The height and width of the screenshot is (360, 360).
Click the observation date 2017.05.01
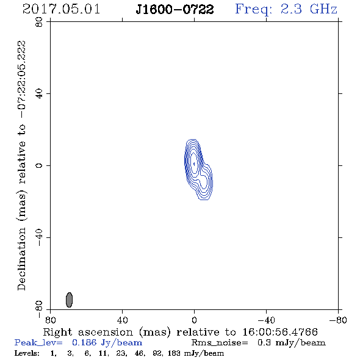click(61, 9)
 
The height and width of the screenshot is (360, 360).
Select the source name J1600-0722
click(175, 10)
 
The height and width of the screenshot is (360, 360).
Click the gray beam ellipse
click(69, 300)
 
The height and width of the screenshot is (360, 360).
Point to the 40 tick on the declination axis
click(39, 94)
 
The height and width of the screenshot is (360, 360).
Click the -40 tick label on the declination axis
click(39, 237)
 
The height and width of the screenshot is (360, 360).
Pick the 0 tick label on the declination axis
click(39, 165)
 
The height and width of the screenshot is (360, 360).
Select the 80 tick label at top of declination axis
click(39, 22)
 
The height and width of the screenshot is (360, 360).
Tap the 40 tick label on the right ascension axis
click(122, 320)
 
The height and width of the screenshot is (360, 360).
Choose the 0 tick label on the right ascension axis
click(194, 320)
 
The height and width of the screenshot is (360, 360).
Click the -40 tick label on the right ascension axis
click(266, 320)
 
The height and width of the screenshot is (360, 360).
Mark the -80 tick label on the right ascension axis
click(338, 320)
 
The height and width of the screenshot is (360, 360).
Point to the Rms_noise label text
click(220, 343)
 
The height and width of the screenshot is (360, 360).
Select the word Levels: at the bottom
click(27, 353)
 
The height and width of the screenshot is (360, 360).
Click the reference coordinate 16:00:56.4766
click(280, 332)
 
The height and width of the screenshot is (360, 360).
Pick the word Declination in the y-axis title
click(21, 259)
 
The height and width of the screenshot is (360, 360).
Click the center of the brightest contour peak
click(194, 164)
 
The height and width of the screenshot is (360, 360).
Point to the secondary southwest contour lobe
click(204, 181)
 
